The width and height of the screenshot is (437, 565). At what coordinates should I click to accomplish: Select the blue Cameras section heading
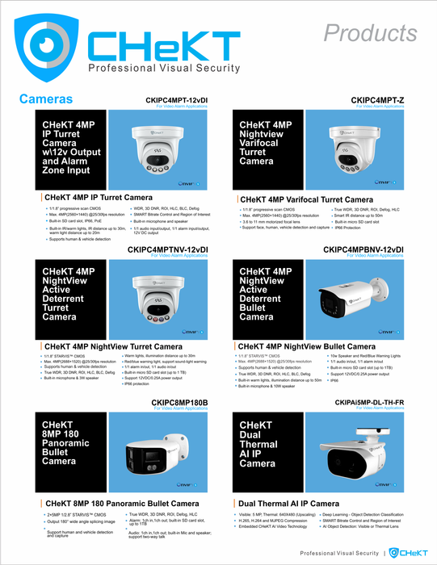[x=46, y=98]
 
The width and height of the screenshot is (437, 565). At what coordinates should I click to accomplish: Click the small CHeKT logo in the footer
[x=405, y=553]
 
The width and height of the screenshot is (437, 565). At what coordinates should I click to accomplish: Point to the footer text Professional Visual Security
[x=340, y=554]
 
